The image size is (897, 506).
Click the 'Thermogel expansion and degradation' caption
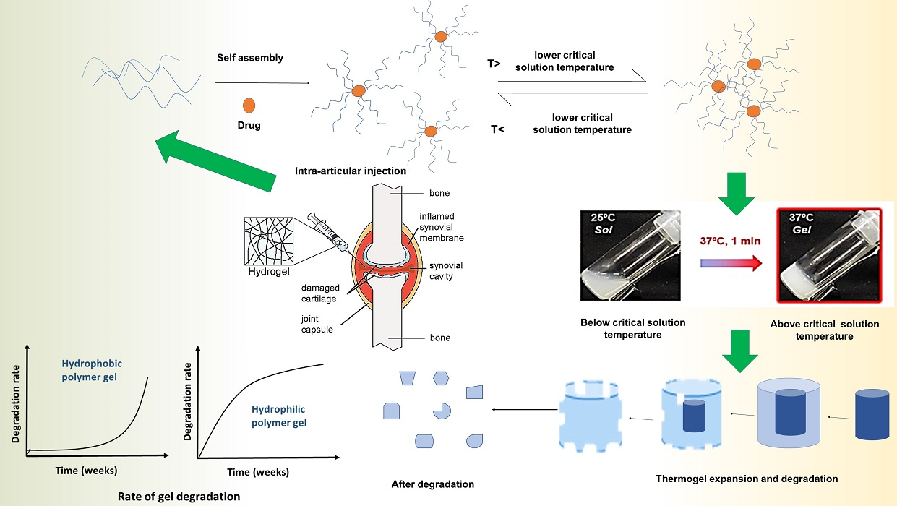coord(746,479)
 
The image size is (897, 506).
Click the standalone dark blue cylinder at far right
coord(871,415)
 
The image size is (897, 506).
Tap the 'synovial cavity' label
coord(446,271)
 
